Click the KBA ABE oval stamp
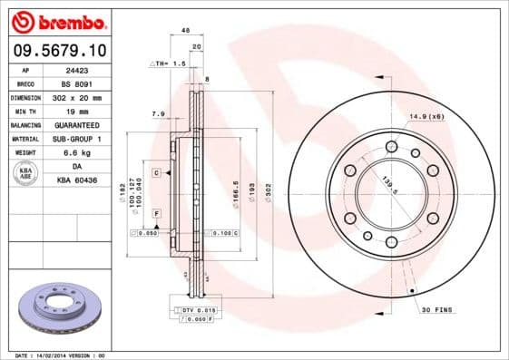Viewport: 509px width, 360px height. tap(26, 174)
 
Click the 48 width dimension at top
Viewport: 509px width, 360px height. tap(186, 30)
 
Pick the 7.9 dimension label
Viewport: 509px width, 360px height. tap(157, 114)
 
